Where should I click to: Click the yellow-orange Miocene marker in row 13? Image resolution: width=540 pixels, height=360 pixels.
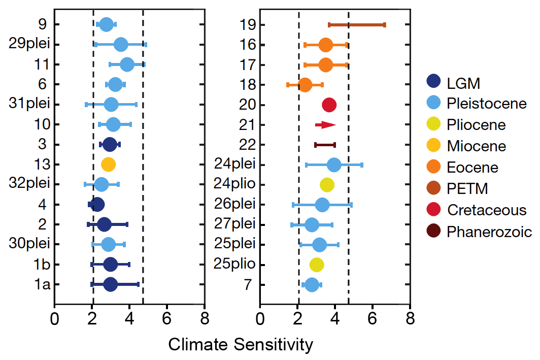point(108,164)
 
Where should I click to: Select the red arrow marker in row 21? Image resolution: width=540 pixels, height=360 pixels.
point(325,124)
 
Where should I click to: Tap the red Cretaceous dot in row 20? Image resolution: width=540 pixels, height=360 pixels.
point(329,105)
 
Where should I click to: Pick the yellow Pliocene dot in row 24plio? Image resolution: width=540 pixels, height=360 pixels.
point(327,185)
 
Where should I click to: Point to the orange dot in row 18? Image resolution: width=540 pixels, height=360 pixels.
point(305,85)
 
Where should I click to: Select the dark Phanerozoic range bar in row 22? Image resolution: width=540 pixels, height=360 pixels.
point(325,145)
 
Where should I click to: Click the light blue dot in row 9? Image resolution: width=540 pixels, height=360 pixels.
point(106,24)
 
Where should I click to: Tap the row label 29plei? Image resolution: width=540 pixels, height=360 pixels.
point(29,44)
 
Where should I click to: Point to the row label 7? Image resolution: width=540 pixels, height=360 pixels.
point(248,284)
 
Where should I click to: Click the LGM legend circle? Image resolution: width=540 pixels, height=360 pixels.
point(433,82)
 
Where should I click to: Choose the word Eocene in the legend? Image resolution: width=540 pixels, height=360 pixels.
point(473,168)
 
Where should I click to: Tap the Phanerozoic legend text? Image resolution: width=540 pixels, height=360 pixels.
point(489,232)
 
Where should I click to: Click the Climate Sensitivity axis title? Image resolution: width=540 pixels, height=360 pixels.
point(241,345)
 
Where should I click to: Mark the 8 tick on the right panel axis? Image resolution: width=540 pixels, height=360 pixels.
point(410,320)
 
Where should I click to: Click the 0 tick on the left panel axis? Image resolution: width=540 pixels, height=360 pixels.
point(54,320)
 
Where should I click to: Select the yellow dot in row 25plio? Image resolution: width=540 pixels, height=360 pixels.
point(317,265)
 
